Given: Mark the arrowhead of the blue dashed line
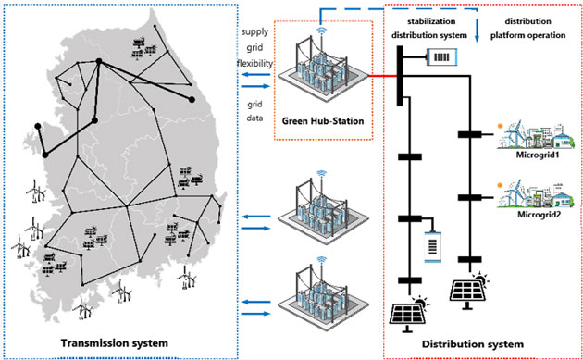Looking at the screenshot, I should [476, 39].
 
